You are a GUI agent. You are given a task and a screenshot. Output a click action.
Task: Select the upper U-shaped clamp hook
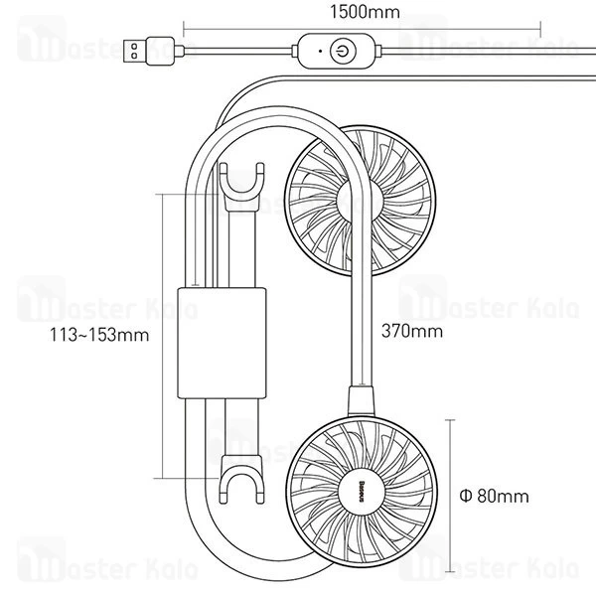tap(242, 186)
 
